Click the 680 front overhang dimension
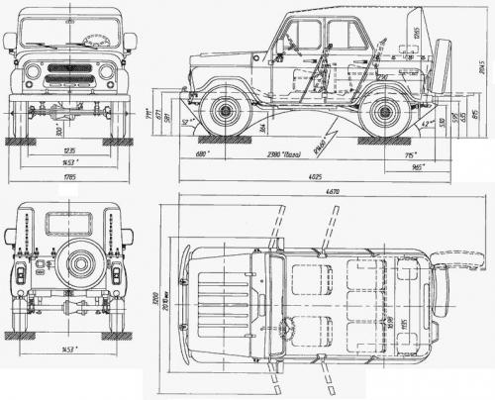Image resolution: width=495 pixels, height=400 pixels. coord(202,155)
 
